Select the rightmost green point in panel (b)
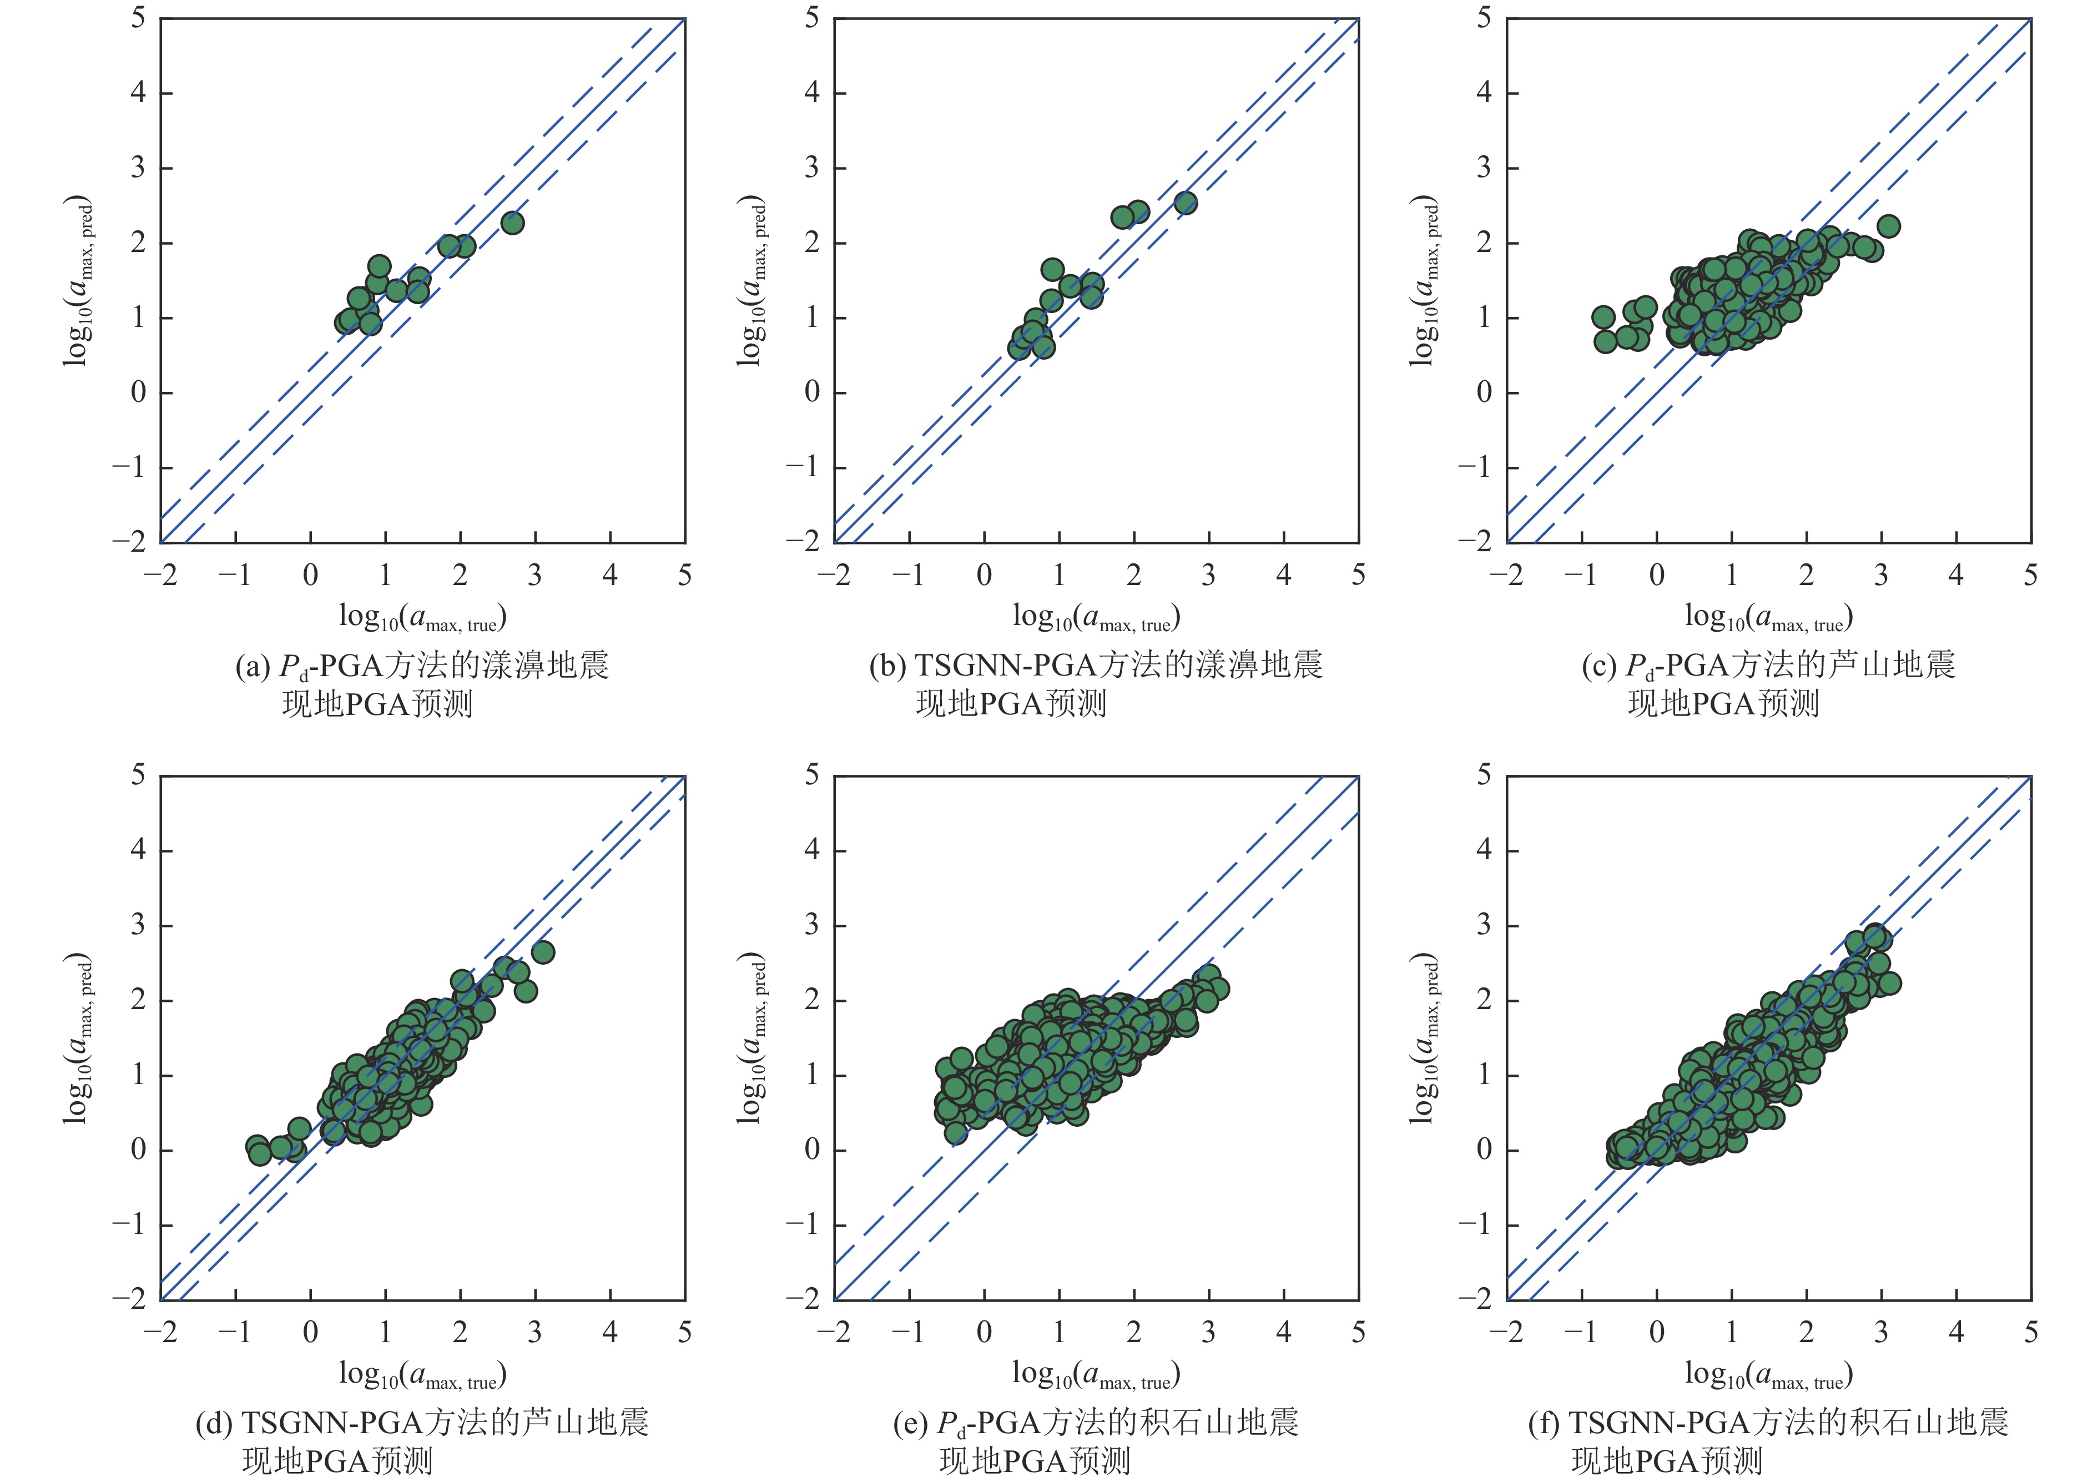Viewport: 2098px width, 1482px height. [1185, 203]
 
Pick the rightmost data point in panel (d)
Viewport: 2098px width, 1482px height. [543, 952]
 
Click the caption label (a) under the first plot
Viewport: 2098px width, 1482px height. [252, 666]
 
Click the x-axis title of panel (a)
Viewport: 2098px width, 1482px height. [422, 618]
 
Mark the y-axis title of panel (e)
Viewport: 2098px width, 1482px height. [751, 1038]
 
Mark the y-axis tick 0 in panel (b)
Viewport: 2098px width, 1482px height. [811, 393]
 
